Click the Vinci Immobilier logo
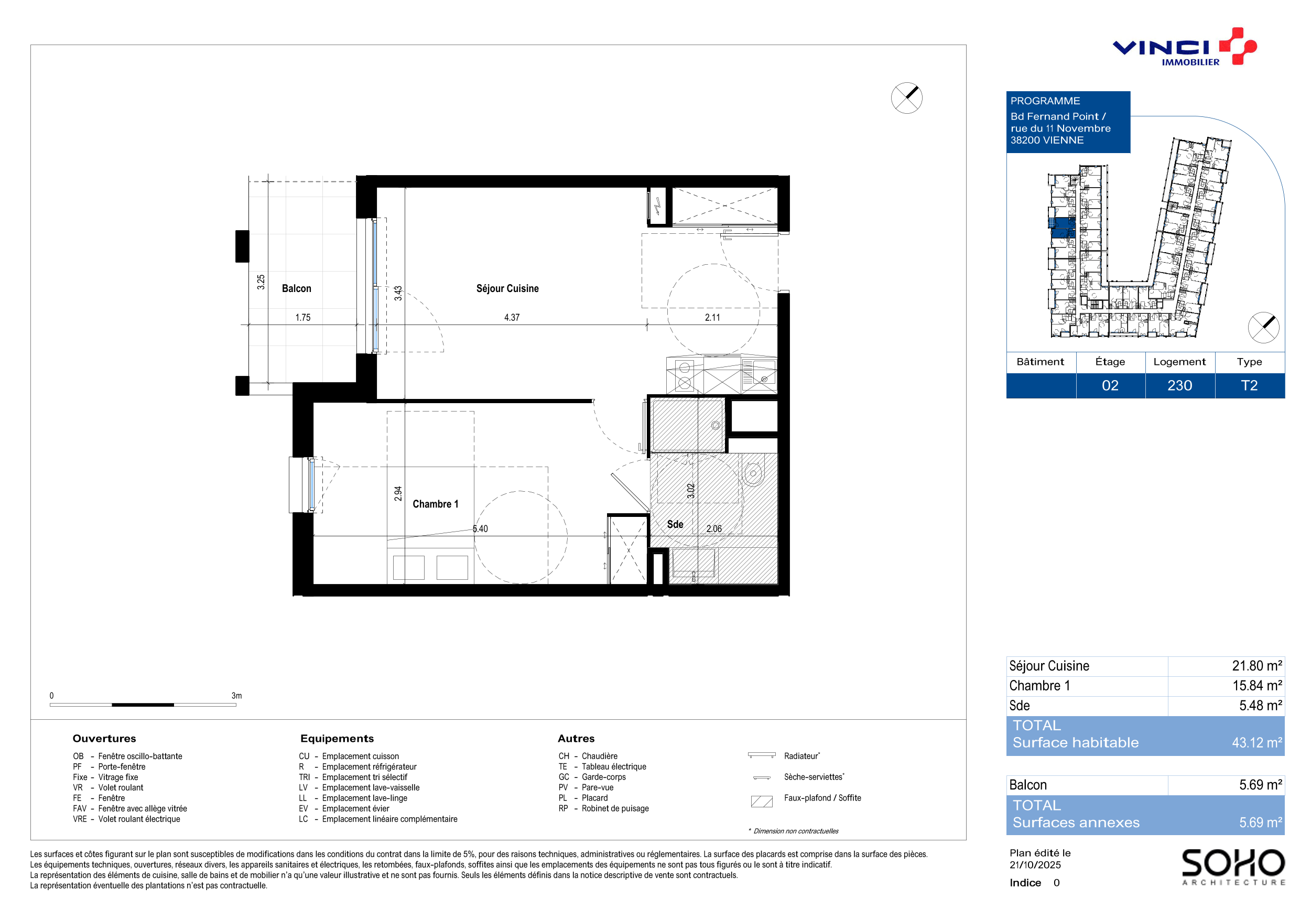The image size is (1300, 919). tap(1185, 47)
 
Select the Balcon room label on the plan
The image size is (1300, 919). tap(297, 288)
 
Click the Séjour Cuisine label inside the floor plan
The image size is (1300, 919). tap(507, 288)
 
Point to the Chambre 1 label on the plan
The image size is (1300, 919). tap(436, 504)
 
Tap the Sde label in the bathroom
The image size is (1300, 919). tap(675, 524)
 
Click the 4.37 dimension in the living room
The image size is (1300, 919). tap(512, 318)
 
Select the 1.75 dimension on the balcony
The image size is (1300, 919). tap(303, 318)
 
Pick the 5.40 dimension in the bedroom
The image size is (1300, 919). tap(480, 529)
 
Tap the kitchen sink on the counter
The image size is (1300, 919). tap(759, 374)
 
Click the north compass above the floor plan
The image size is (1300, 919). tap(906, 98)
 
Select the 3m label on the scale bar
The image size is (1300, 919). tap(236, 695)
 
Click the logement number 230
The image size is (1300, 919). tap(1180, 386)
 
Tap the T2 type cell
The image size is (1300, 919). tap(1249, 386)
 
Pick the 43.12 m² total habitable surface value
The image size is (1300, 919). tap(1257, 742)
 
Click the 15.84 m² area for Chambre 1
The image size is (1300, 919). tap(1257, 686)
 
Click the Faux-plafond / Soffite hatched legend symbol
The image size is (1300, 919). tap(762, 801)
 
